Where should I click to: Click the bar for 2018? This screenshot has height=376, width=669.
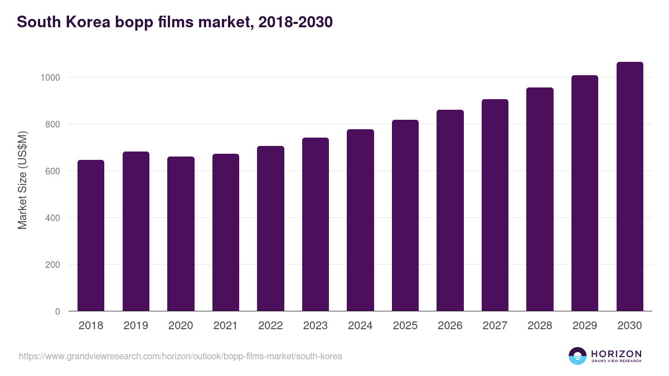[91, 235]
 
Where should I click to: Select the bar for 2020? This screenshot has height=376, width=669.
[181, 233]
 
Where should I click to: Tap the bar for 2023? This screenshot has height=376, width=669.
[315, 224]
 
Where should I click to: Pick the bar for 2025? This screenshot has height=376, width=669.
[405, 215]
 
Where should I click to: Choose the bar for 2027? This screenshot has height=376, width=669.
[495, 205]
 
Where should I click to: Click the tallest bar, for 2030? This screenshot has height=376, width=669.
[629, 186]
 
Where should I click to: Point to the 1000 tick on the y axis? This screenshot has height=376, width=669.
[50, 77]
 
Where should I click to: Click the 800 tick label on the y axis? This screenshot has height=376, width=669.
[52, 124]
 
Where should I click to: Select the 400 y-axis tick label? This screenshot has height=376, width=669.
[52, 218]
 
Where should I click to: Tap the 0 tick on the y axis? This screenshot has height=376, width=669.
[57, 311]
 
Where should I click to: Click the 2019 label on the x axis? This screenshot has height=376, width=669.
[135, 326]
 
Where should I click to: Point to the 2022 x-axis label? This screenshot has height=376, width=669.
[270, 326]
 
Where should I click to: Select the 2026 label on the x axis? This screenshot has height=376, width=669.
[450, 326]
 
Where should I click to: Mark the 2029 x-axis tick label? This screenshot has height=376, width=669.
[584, 326]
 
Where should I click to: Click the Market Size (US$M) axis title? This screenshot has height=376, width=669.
[22, 179]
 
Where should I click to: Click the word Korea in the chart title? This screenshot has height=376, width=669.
[89, 22]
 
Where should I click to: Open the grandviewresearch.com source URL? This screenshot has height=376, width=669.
[181, 356]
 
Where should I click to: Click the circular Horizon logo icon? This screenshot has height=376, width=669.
[578, 356]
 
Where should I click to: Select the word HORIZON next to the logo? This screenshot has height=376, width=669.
[616, 354]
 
